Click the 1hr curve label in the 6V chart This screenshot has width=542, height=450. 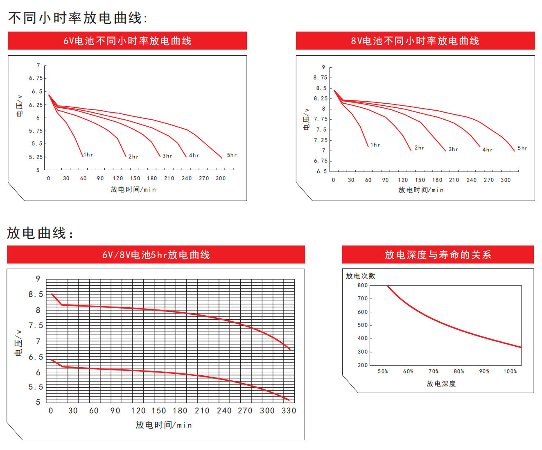click(88, 155)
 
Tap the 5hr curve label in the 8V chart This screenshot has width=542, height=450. click(522, 148)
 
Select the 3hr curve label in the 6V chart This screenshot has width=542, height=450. click(167, 156)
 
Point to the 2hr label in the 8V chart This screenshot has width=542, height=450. click(419, 148)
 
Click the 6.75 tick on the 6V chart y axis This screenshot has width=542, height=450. click(36, 78)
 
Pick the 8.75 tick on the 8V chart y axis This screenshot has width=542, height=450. click(320, 77)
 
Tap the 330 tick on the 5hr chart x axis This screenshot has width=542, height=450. click(289, 410)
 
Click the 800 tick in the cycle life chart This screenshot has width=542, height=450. click(363, 285)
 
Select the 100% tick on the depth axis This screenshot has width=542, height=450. click(510, 371)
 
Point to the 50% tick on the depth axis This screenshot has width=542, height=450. click(383, 371)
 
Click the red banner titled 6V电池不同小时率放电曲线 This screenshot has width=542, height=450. click(127, 41)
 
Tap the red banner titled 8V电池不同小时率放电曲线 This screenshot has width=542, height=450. click(415, 41)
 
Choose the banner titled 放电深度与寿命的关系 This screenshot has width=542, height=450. click(438, 255)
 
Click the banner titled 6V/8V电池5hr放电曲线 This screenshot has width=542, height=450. click(156, 255)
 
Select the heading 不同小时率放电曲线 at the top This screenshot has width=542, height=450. click(78, 18)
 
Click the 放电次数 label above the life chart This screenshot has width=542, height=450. click(360, 276)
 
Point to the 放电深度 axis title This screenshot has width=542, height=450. click(441, 384)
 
